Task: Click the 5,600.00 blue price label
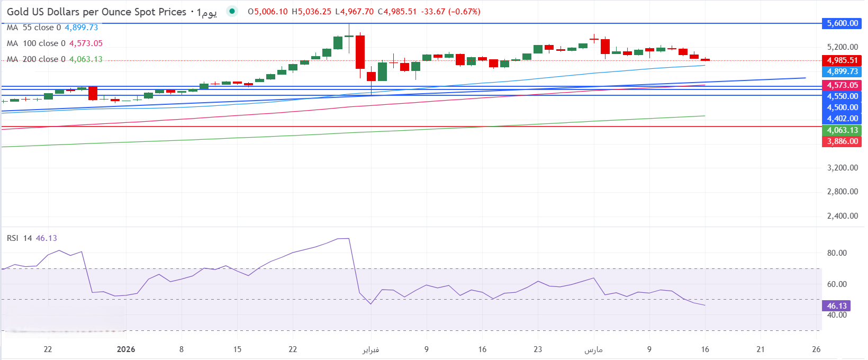click(842, 23)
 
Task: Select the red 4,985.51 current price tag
click(842, 60)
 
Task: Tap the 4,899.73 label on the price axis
click(842, 71)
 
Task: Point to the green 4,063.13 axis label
click(842, 130)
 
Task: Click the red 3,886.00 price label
click(842, 141)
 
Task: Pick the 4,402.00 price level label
click(842, 119)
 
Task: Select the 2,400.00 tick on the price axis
click(842, 216)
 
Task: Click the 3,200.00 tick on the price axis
click(842, 168)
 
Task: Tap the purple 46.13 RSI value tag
click(837, 306)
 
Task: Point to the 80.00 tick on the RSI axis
click(837, 253)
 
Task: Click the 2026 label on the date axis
click(126, 349)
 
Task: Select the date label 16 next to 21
click(705, 349)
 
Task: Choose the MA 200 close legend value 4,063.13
click(86, 59)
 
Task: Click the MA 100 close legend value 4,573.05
click(86, 43)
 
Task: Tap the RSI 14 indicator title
click(20, 238)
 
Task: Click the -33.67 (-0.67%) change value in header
click(450, 12)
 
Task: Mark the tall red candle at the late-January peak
click(360, 52)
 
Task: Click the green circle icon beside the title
click(232, 11)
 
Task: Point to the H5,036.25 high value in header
click(311, 12)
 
